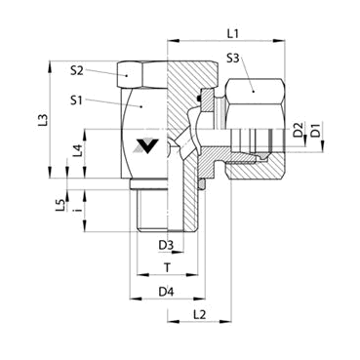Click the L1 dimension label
(x=232, y=33)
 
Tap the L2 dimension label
(x=199, y=314)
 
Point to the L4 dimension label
(x=76, y=150)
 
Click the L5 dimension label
(x=60, y=206)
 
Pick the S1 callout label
(x=76, y=100)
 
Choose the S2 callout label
(x=77, y=70)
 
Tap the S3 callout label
(x=233, y=59)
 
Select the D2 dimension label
(x=299, y=129)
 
